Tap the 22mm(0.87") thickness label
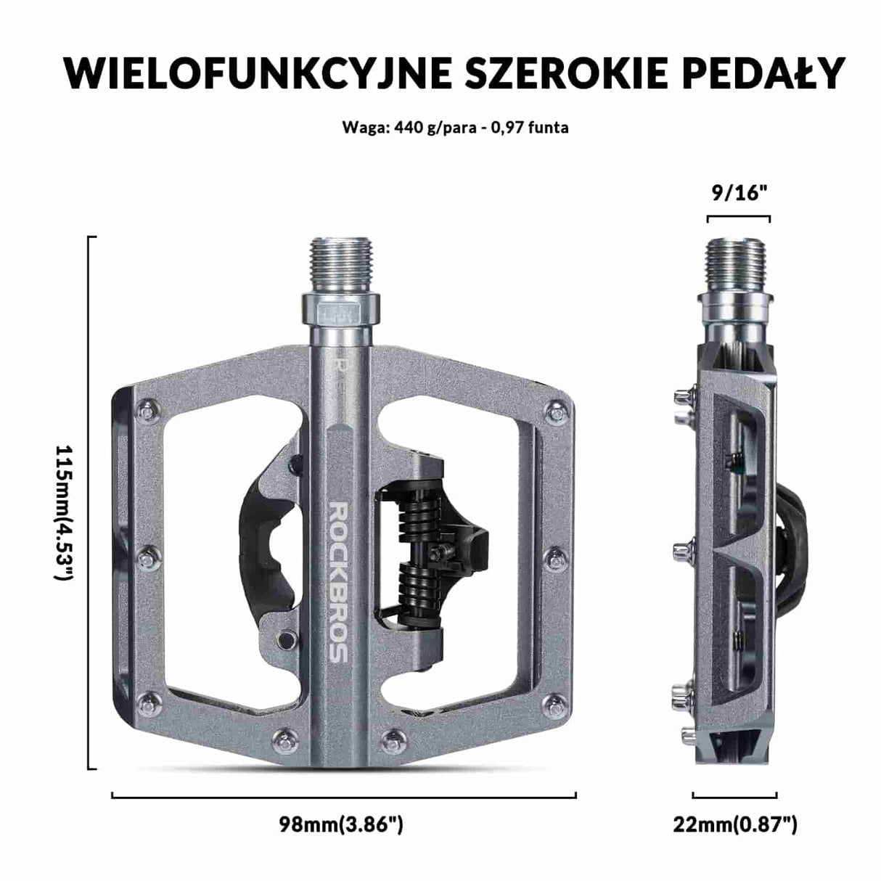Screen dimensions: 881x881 click(735, 824)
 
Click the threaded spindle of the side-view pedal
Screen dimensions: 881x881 click(737, 264)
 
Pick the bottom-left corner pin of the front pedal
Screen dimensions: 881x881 click(147, 702)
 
